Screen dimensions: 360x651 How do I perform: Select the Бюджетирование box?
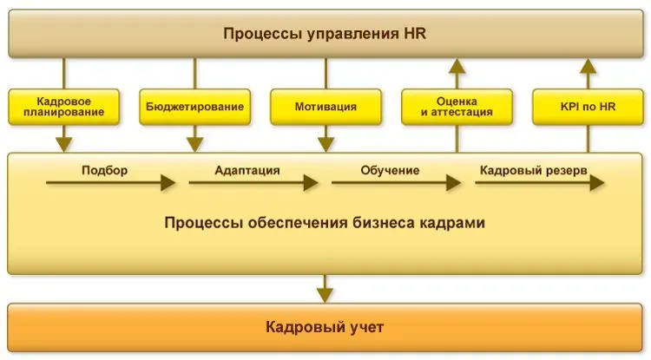[195, 106]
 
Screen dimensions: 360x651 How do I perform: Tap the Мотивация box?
[325, 106]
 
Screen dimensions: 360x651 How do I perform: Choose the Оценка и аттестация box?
[456, 106]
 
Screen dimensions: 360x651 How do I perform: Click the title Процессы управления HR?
[325, 35]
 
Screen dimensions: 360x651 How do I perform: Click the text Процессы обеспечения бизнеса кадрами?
[325, 223]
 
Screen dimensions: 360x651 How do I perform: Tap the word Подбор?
[104, 170]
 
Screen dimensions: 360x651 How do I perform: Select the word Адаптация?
[247, 170]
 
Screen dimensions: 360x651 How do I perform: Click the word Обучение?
[390, 170]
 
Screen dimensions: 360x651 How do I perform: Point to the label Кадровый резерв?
[533, 170]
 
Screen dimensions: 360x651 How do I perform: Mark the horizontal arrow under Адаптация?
[253, 183]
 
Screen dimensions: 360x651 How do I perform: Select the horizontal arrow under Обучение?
[396, 183]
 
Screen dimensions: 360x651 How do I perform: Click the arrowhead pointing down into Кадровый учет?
[325, 294]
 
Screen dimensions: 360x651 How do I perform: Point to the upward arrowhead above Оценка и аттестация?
[456, 66]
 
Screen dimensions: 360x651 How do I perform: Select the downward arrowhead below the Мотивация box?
[325, 142]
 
